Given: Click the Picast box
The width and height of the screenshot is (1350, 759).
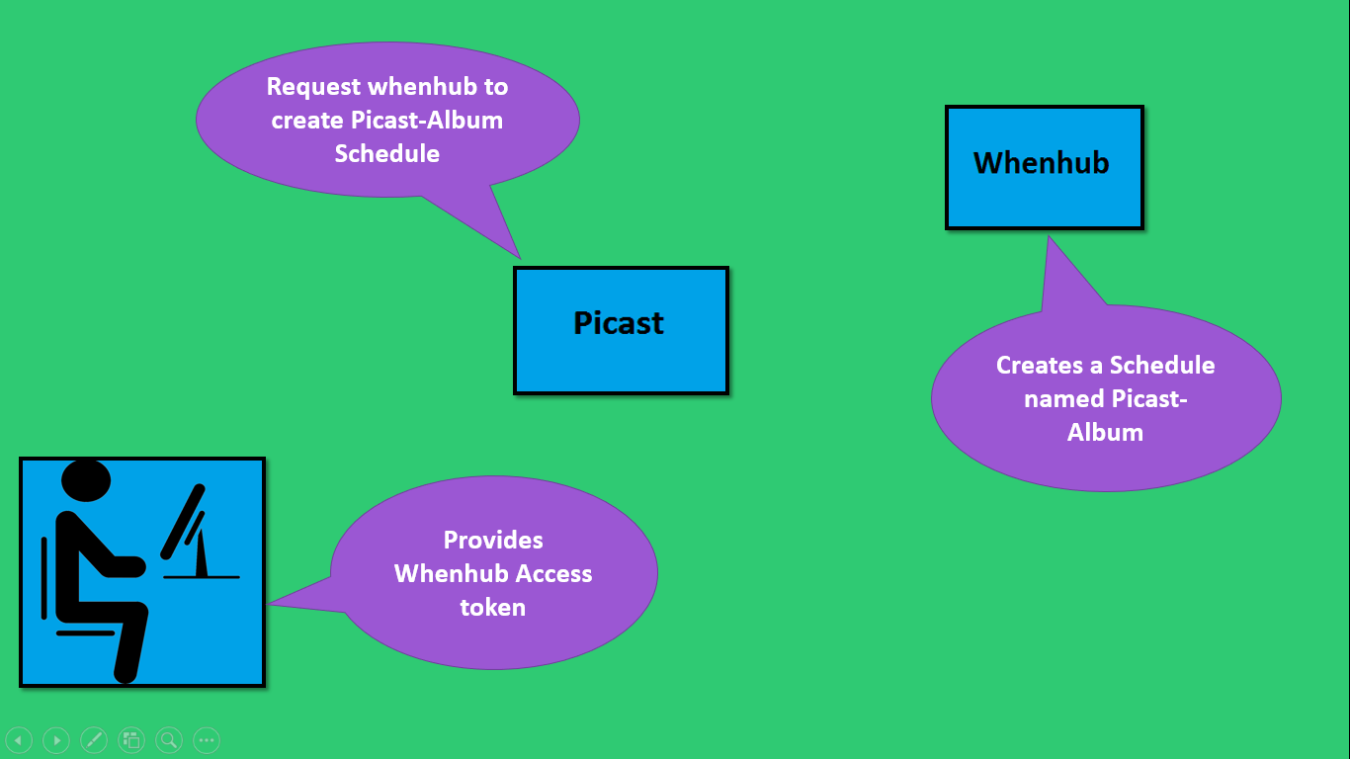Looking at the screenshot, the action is pos(622,330).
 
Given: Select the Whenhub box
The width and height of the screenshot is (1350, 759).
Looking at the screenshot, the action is pos(1045,168).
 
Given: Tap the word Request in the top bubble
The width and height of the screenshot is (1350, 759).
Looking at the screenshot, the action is pos(313,87).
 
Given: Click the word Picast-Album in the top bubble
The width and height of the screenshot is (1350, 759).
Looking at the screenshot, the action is pos(427,120).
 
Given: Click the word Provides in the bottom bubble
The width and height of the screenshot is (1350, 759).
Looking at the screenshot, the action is pos(493,541).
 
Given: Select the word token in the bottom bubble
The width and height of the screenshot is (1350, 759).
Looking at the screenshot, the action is pos(493,607).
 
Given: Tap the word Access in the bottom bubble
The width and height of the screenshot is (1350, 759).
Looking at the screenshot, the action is pos(553,574).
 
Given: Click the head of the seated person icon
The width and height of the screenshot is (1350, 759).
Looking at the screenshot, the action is pos(86,480).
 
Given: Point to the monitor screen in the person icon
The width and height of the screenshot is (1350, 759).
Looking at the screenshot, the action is pos(183,522).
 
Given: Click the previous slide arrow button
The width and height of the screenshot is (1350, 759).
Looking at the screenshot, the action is pos(19,739).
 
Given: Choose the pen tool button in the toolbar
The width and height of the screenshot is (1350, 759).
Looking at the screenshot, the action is pos(94,739).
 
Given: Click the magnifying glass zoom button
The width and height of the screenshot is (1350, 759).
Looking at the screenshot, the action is pos(169,739).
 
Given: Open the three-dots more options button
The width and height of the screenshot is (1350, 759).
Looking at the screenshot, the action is pos(207,739).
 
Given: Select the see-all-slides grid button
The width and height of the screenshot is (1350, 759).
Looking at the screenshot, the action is pos(131,739).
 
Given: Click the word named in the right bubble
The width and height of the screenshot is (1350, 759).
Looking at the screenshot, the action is pos(1063,399).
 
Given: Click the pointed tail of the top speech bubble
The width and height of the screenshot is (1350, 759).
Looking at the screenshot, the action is pos(520,258).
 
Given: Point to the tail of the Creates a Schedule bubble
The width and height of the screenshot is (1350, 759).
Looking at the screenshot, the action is pos(1050,237).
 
